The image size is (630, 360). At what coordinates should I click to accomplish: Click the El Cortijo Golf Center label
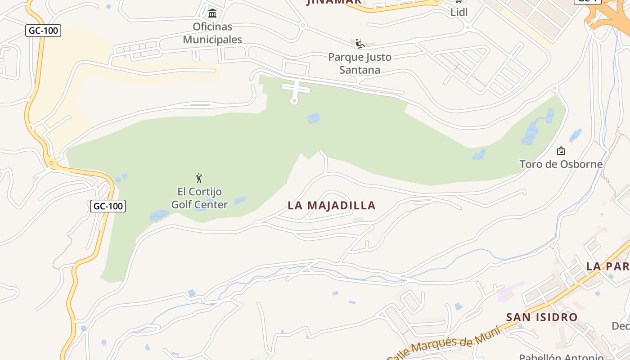(199, 198)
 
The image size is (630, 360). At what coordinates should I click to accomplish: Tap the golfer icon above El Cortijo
(199, 178)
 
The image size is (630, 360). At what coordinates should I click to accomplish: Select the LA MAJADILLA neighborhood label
(331, 206)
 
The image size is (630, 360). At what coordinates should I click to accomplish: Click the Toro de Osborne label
(561, 164)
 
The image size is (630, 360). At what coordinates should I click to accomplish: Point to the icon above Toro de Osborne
(561, 151)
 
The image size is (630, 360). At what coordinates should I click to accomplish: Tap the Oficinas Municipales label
(212, 33)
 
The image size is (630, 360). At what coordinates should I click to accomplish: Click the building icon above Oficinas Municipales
(212, 13)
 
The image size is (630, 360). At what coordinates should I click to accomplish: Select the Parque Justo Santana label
(360, 63)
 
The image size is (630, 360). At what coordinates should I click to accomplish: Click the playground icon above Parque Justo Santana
(359, 43)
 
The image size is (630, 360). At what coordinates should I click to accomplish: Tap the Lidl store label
(459, 12)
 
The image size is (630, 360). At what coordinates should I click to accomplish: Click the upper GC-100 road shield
(43, 31)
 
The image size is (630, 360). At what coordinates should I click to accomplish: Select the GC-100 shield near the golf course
(108, 206)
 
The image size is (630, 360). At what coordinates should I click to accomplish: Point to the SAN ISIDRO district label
(542, 317)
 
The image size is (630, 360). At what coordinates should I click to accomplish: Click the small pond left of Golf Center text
(159, 216)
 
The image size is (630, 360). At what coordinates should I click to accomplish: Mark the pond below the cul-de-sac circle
(314, 118)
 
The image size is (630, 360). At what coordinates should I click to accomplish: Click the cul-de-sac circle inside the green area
(294, 101)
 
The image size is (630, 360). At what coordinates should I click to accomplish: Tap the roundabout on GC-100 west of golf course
(52, 163)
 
